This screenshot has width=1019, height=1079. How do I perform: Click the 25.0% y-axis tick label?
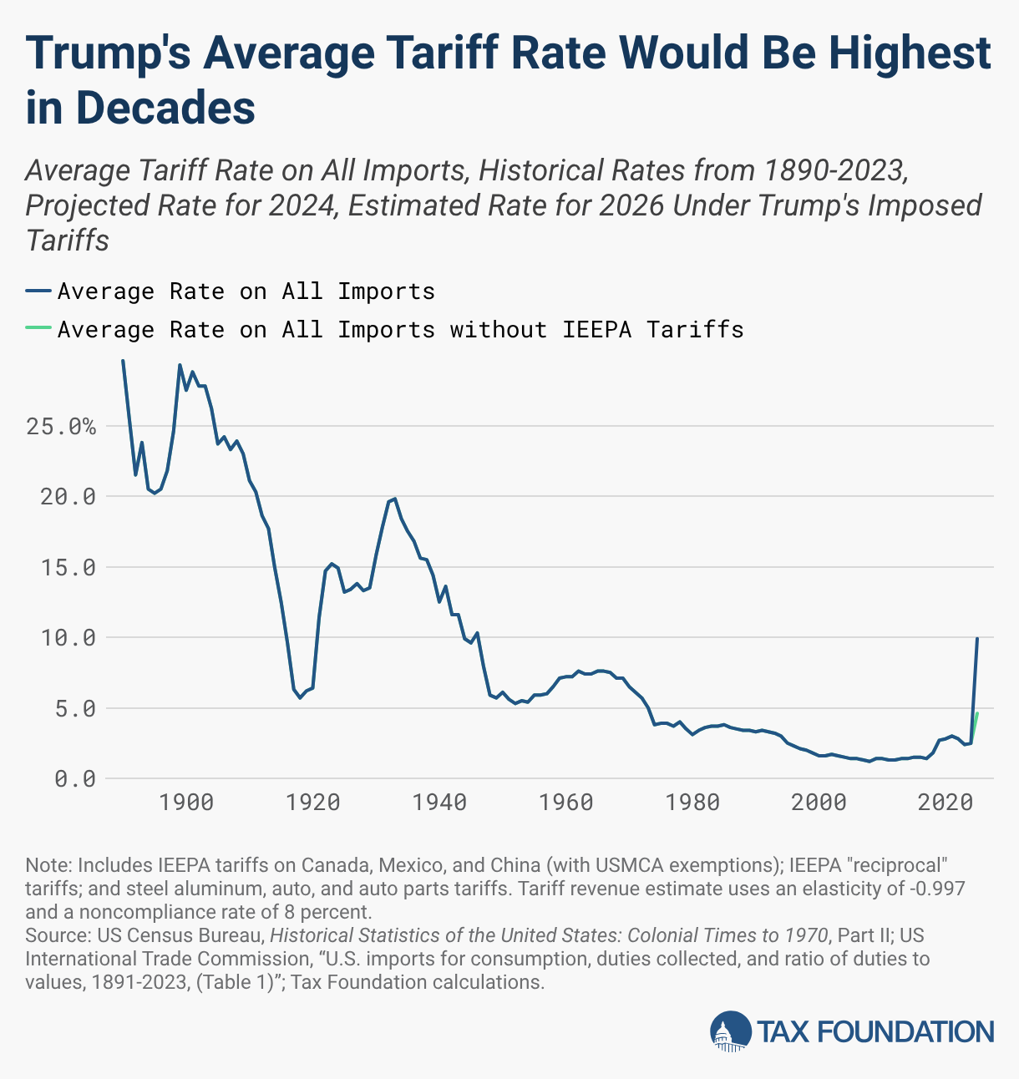point(61,427)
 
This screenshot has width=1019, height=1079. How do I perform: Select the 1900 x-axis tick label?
point(186,803)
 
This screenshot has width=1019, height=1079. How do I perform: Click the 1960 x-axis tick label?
point(566,803)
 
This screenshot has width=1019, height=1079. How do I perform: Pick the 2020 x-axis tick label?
point(945,803)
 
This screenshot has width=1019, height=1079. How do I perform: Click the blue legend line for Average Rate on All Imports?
point(38,291)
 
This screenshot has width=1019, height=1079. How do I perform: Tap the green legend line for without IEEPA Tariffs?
point(38,330)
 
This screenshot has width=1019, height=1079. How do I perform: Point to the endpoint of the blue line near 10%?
point(977,639)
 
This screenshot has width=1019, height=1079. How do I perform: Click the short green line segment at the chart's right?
point(976,723)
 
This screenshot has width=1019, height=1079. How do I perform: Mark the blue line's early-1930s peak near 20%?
point(394,499)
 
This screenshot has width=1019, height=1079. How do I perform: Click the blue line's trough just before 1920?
point(301,697)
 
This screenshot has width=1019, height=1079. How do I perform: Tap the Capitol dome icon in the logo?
point(730,1031)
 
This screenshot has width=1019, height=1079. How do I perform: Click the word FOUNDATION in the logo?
point(905,1032)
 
